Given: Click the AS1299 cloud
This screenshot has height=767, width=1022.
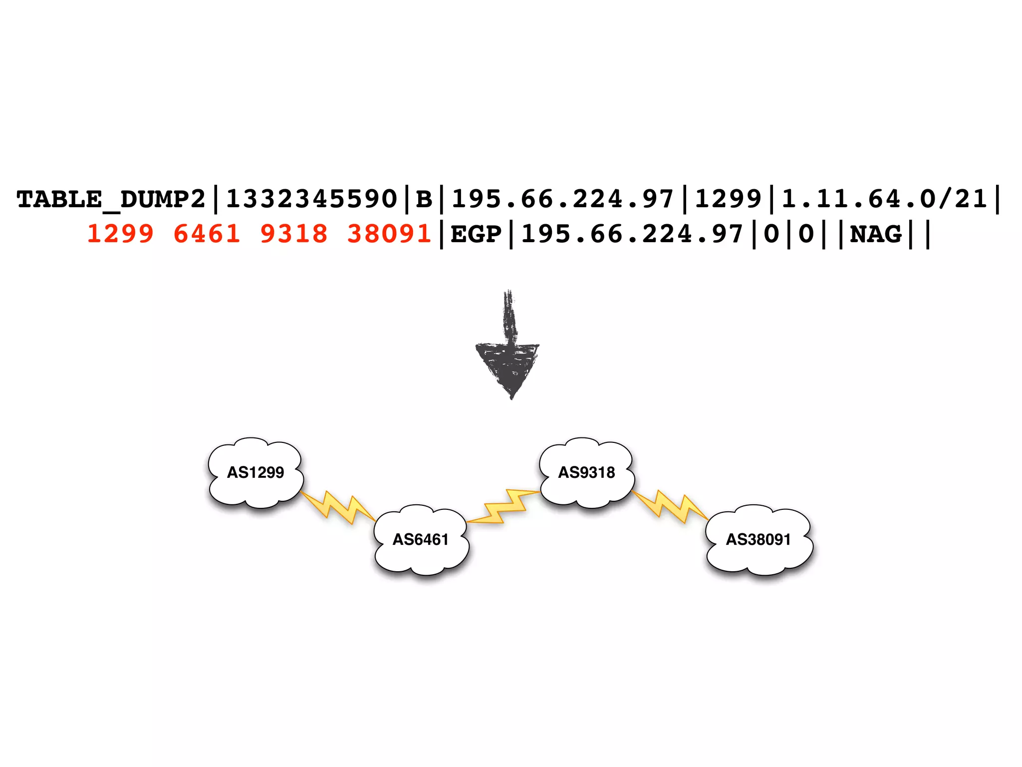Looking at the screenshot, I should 255,472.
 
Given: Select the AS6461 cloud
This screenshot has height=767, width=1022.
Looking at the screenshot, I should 421,540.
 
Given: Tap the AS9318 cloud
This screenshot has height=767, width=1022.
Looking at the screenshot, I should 586,472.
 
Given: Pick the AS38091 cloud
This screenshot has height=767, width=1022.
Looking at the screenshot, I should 758,540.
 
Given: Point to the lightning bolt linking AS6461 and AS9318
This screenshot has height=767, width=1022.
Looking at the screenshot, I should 504,507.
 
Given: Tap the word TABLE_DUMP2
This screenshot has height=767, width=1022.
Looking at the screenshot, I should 111,200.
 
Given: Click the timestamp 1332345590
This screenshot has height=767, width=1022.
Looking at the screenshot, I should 311,200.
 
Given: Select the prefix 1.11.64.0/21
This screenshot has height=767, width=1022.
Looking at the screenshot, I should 884,200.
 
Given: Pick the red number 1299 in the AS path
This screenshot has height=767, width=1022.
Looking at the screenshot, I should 121,234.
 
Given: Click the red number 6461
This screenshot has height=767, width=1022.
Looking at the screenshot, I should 207,234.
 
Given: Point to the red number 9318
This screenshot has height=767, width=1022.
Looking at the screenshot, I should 294,234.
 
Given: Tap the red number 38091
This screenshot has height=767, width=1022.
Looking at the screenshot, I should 389,234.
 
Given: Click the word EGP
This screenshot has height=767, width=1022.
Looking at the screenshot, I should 476,234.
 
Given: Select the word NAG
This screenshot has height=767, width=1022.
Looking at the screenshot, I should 876,234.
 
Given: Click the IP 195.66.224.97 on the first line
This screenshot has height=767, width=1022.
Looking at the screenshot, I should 563,200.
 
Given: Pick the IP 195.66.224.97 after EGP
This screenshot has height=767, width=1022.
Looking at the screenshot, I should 632,234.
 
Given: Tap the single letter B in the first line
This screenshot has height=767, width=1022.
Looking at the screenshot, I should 424,200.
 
